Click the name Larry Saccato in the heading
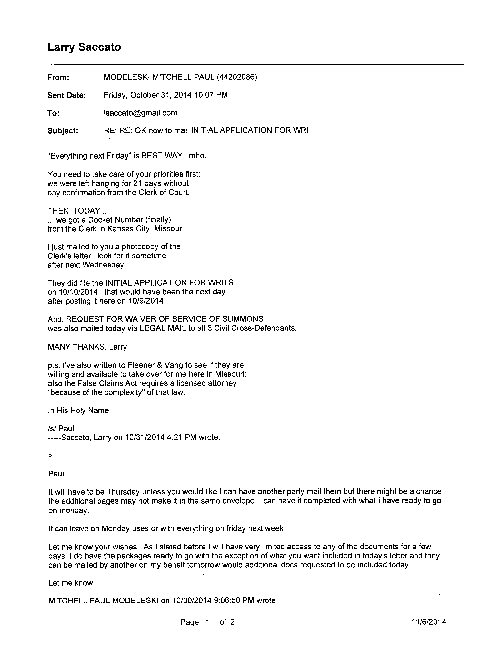click(x=84, y=47)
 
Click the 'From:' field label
click(x=58, y=78)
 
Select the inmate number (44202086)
click(x=237, y=77)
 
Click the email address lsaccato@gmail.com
click(x=140, y=113)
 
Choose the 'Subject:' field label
click(x=63, y=131)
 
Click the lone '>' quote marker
click(x=50, y=456)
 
